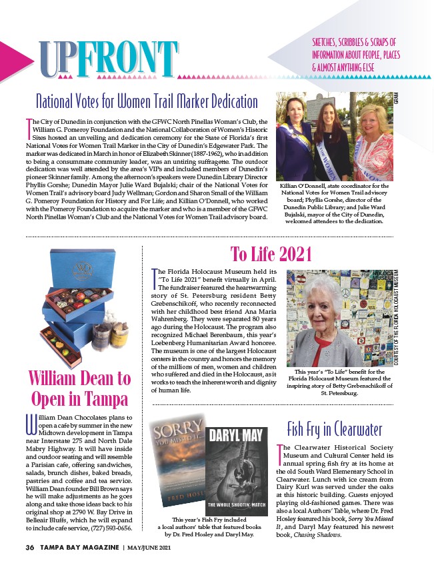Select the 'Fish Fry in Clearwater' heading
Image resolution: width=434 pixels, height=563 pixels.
click(x=334, y=427)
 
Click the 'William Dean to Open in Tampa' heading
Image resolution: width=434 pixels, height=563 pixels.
click(x=79, y=389)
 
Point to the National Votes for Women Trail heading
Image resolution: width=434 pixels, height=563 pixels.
click(x=147, y=101)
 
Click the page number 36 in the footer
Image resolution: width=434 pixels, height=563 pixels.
click(x=29, y=548)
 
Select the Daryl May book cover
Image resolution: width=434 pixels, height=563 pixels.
click(x=237, y=470)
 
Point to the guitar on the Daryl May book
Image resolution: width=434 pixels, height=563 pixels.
click(x=237, y=477)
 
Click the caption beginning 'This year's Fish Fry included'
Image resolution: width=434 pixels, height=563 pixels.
click(x=207, y=526)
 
